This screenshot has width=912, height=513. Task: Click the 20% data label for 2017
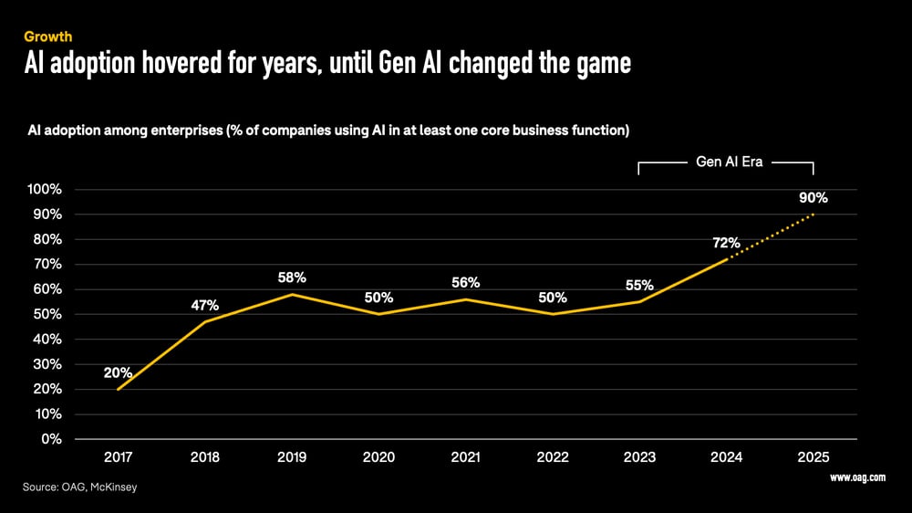(x=119, y=372)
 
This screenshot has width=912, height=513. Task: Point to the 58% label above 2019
(x=292, y=277)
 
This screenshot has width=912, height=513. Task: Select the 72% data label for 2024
(x=726, y=243)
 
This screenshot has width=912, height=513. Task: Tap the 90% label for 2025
(x=814, y=198)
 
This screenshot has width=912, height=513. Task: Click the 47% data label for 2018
(x=205, y=305)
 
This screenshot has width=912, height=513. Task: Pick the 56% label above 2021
(x=466, y=283)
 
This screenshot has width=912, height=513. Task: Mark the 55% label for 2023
(x=639, y=285)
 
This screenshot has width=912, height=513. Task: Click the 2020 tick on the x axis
(x=379, y=456)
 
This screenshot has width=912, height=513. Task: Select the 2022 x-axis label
(x=553, y=456)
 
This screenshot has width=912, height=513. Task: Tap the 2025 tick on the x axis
(x=813, y=456)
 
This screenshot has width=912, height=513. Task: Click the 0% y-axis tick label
(x=52, y=439)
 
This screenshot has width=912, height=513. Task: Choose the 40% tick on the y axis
(x=48, y=340)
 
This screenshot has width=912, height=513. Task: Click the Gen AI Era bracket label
(x=726, y=162)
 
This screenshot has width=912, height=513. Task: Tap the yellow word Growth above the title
(x=48, y=37)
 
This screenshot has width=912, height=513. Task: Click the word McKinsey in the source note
(x=115, y=488)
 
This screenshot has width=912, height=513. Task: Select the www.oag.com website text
(x=858, y=477)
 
